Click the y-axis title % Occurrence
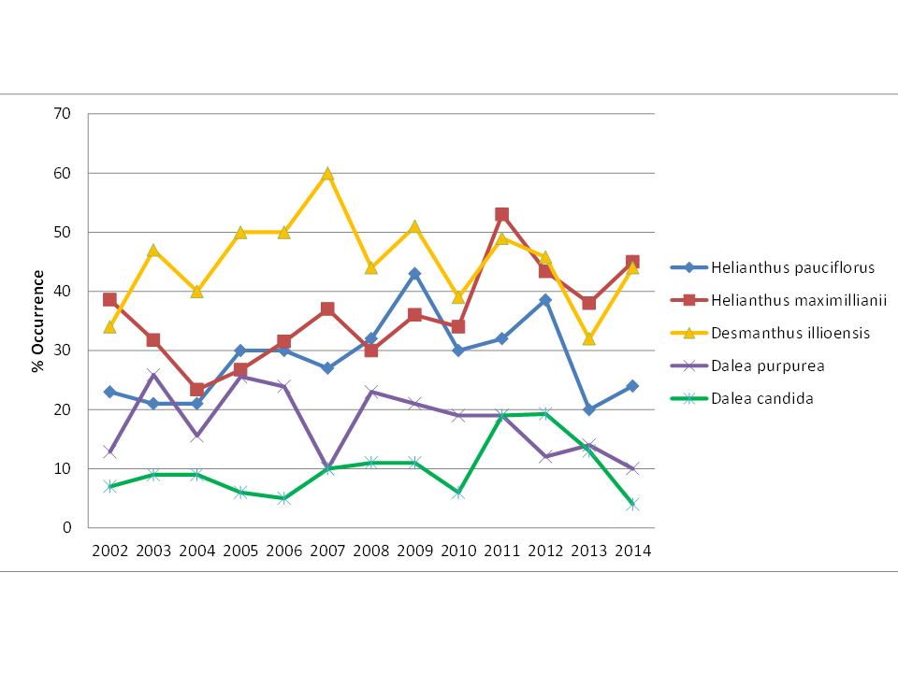(x=38, y=321)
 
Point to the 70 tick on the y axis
(x=64, y=114)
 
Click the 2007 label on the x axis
(x=327, y=551)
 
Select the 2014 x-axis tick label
(x=632, y=551)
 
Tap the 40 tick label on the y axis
(x=64, y=292)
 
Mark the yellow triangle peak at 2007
(x=327, y=174)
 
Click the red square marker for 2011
(x=501, y=215)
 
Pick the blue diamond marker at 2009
(x=414, y=274)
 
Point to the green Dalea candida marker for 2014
(x=632, y=504)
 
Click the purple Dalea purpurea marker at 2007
(x=327, y=468)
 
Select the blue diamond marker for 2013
(x=588, y=409)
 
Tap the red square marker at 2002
(x=109, y=300)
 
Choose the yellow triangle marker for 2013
(x=588, y=338)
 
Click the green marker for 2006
(x=283, y=498)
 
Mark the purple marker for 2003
(x=153, y=375)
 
